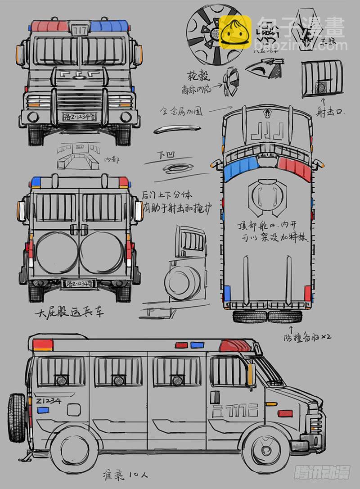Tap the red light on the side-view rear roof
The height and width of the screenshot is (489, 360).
[43, 345]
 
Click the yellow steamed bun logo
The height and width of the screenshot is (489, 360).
[235, 32]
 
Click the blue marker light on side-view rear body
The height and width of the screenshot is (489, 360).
[43, 410]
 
